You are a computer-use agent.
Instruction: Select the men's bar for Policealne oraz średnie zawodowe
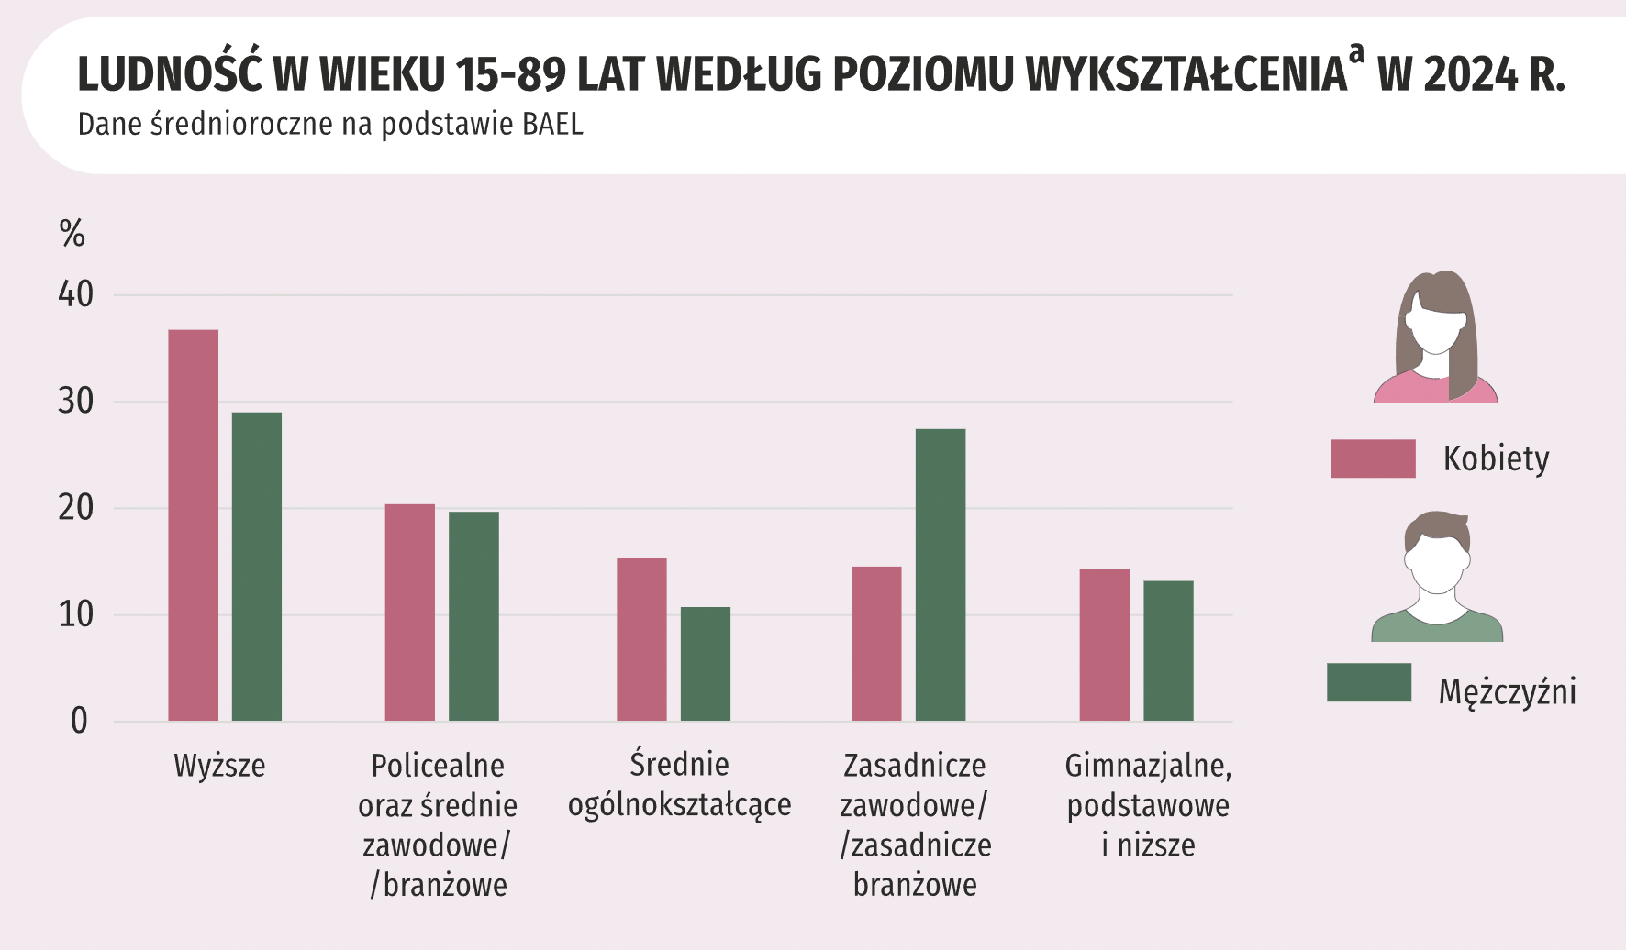coord(473,615)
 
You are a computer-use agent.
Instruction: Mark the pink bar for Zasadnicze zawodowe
coord(876,643)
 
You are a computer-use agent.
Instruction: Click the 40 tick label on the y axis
coord(75,294)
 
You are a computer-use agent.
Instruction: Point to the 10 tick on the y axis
coord(75,614)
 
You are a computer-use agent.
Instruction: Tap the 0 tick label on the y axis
coord(79,721)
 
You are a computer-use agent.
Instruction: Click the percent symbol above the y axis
coord(72,234)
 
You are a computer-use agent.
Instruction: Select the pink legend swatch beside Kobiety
coord(1373,458)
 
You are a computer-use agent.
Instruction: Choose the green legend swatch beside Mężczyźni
coord(1368,682)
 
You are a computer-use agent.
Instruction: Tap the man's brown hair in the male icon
coord(1437,528)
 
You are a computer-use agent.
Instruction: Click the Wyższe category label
coord(219,766)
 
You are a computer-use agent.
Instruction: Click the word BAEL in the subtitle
coord(552,124)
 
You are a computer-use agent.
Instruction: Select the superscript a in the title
coord(1356,54)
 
